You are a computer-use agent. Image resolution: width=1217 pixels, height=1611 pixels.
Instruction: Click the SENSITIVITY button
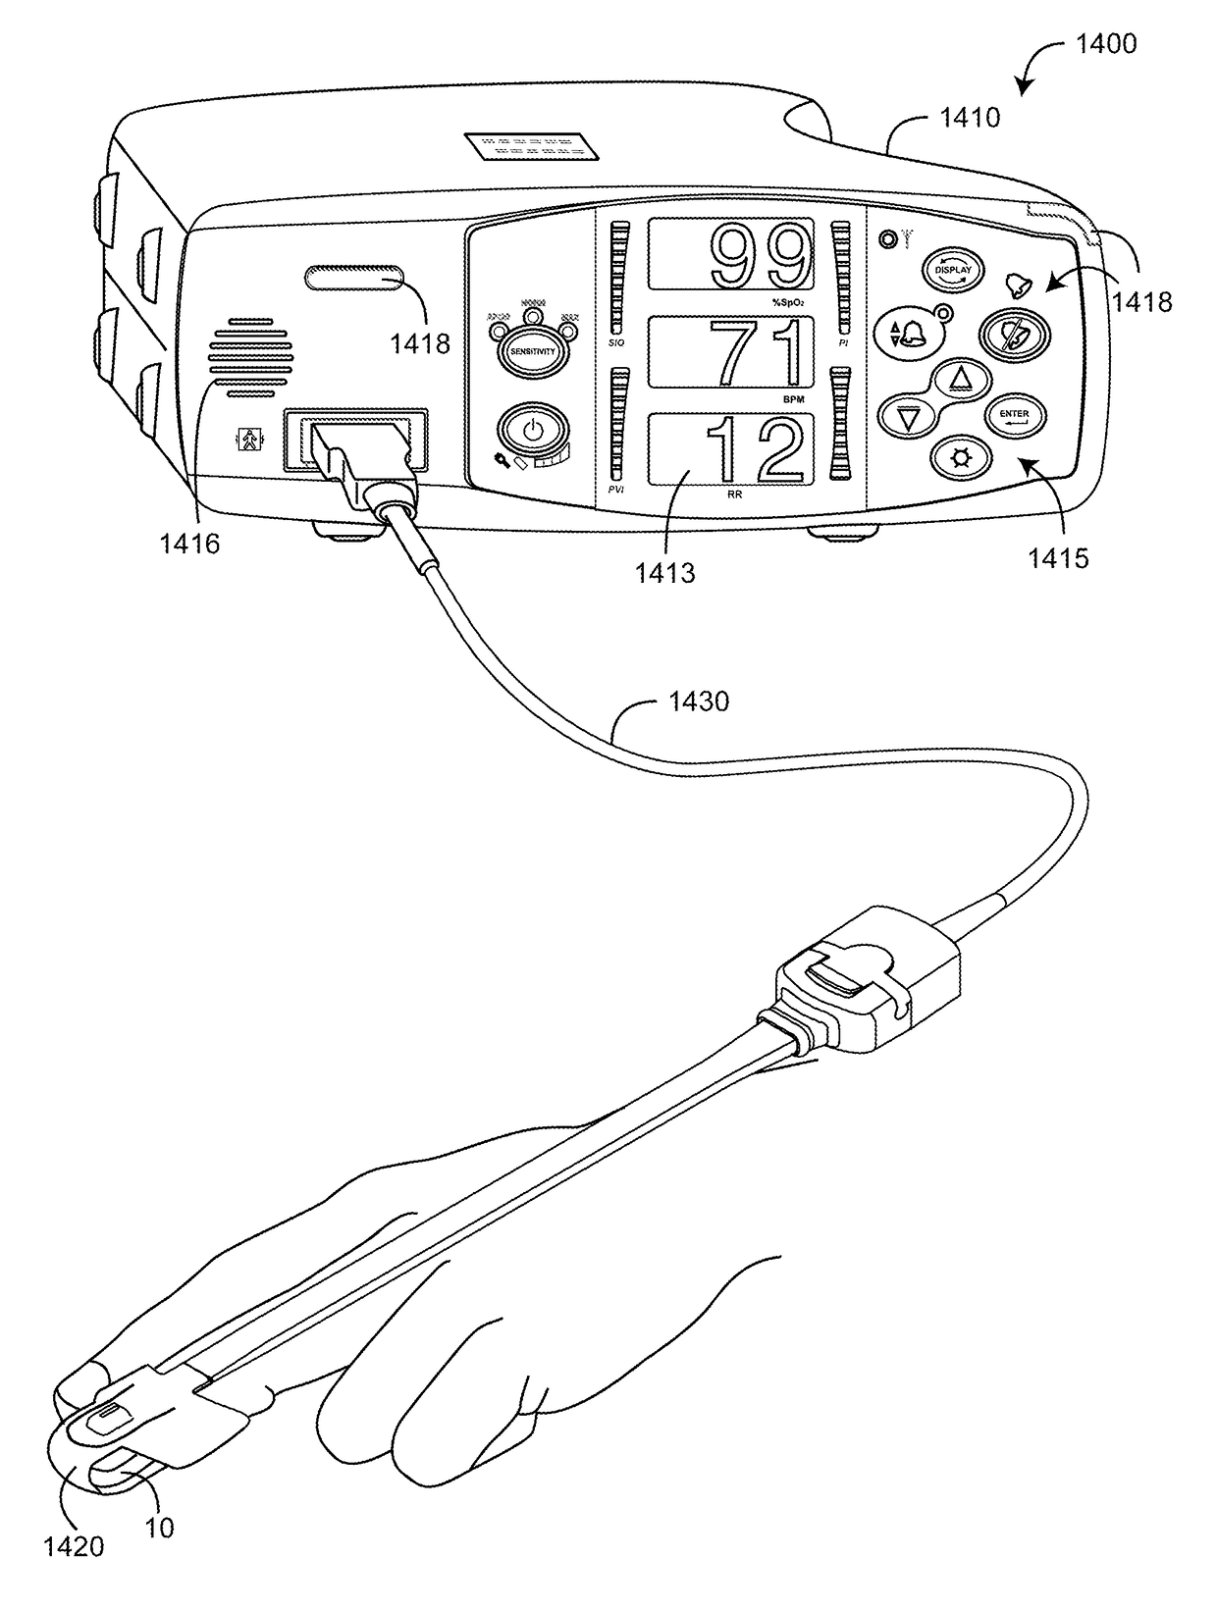[x=531, y=350]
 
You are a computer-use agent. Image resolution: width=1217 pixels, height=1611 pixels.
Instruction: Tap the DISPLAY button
[x=952, y=270]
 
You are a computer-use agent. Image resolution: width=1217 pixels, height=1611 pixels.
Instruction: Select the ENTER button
[x=1014, y=415]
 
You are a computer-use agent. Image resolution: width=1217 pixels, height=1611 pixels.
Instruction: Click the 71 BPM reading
[x=762, y=352]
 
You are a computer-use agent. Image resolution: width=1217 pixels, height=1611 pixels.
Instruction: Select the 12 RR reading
[x=758, y=449]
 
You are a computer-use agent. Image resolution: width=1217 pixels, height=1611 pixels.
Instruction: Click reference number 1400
[x=1105, y=43]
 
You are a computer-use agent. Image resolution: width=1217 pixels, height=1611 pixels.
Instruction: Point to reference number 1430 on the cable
[x=698, y=702]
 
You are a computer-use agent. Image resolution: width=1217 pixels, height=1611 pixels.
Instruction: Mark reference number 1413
[x=664, y=572]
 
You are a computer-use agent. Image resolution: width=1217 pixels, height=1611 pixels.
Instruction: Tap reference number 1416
[x=190, y=543]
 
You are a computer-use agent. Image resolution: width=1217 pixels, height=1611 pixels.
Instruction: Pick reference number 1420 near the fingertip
[x=74, y=1546]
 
